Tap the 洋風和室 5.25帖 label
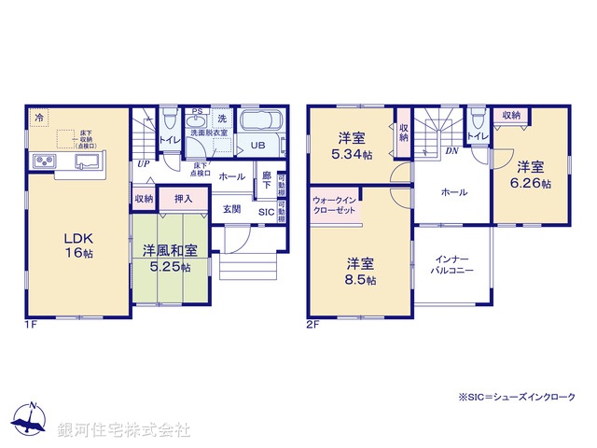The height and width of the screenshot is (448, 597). (x=169, y=259)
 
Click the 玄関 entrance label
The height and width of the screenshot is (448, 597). (x=231, y=209)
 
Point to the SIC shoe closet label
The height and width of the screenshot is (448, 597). (x=266, y=212)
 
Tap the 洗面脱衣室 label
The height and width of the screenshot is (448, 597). (x=209, y=133)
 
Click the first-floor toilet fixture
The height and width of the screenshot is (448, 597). (x=169, y=122)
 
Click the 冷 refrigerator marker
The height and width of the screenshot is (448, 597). (x=39, y=118)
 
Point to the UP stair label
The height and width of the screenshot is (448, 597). (x=143, y=165)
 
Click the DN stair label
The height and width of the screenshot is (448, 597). (x=451, y=150)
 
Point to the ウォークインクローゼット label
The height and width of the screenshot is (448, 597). (x=335, y=205)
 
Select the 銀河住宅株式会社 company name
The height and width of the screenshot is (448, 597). (x=123, y=430)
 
